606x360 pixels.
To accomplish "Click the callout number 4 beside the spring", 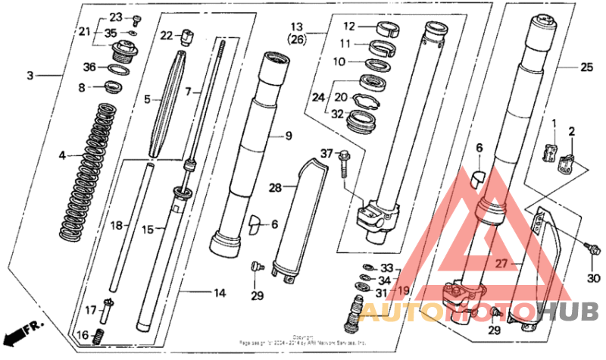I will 63,156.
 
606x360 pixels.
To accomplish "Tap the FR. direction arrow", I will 23,331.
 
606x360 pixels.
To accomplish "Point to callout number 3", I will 30,75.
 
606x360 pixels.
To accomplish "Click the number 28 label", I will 276,186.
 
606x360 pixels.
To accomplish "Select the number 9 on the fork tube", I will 289,136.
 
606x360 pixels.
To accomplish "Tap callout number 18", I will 116,225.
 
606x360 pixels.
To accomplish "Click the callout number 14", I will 220,293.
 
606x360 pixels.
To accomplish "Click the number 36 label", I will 90,67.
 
